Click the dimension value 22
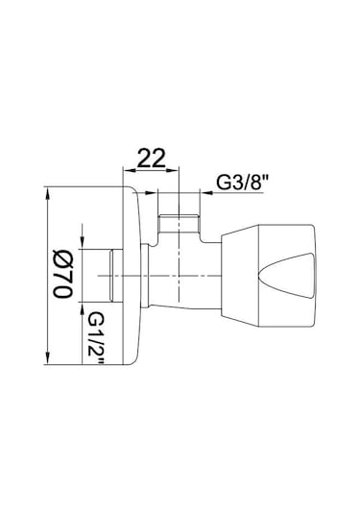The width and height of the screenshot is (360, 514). (152, 158)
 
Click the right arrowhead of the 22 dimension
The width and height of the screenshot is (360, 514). (174, 170)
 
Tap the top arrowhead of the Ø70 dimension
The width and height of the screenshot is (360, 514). (48, 193)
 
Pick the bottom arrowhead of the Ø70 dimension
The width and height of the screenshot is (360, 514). (48, 357)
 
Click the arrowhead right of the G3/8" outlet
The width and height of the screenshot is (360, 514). (206, 193)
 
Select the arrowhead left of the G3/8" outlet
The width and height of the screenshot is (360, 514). (152, 193)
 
